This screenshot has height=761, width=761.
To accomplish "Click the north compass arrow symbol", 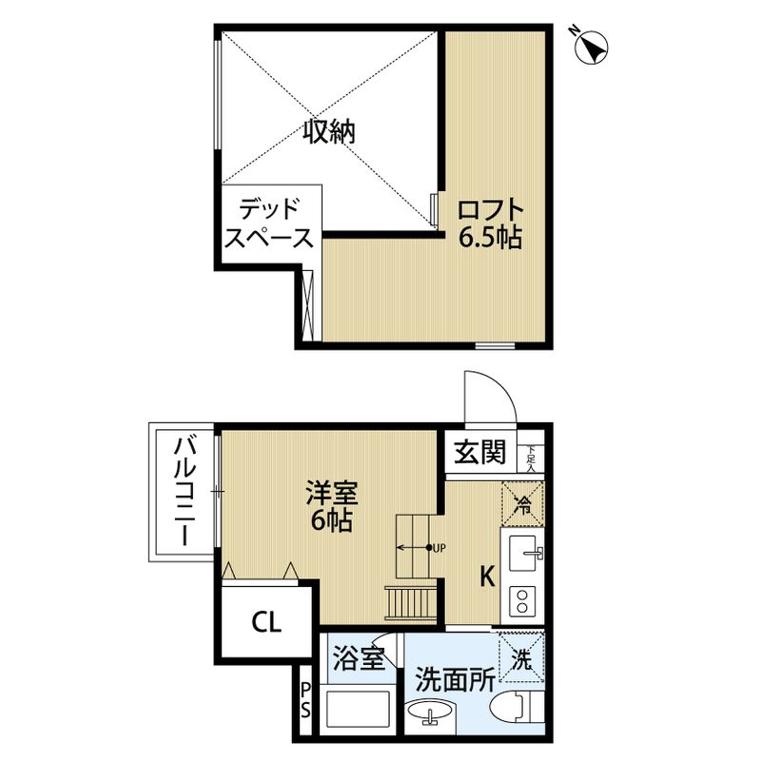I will pyautogui.click(x=593, y=44).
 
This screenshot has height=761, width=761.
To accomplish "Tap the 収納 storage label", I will pyautogui.click(x=329, y=132).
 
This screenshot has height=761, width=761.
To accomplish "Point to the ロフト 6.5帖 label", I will pyautogui.click(x=490, y=223).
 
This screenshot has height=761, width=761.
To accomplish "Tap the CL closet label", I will pyautogui.click(x=265, y=623).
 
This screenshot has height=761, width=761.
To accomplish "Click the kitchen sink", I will pyautogui.click(x=522, y=552).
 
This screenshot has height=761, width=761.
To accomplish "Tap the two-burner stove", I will pyautogui.click(x=523, y=599).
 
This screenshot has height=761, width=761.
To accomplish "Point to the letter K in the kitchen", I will pyautogui.click(x=486, y=576).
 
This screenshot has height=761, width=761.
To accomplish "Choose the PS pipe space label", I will pyautogui.click(x=305, y=702).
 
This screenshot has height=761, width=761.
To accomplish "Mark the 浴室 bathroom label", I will pyautogui.click(x=359, y=657).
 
